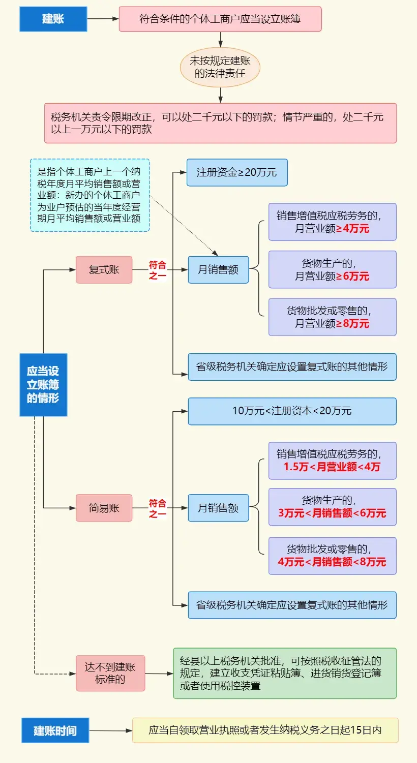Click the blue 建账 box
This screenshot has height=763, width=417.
(x=53, y=19)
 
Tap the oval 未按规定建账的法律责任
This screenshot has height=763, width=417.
(x=220, y=67)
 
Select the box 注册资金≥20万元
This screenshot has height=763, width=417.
(x=237, y=172)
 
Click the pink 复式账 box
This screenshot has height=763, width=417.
(x=104, y=270)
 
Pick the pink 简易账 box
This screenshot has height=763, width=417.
(x=104, y=508)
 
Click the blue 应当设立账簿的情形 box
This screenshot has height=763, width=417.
(x=43, y=385)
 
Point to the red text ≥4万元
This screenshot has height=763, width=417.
(x=352, y=229)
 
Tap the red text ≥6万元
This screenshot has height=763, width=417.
(x=352, y=276)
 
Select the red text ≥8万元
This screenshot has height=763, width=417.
(x=352, y=323)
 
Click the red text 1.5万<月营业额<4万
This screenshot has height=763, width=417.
(x=332, y=467)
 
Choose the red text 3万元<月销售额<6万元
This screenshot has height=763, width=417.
(x=332, y=513)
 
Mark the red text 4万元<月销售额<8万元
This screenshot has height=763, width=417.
(x=332, y=562)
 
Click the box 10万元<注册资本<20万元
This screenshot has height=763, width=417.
(x=292, y=411)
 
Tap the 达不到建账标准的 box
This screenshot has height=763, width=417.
(x=110, y=673)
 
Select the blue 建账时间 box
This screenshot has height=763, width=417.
(x=55, y=730)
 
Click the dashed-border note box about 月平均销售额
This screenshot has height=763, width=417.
(x=90, y=195)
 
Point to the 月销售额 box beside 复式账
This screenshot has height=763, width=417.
(x=218, y=270)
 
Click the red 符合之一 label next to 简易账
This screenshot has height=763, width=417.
(x=158, y=508)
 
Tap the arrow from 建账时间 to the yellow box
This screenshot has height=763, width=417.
(x=111, y=730)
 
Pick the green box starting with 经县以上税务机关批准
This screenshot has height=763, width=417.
(x=285, y=674)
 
